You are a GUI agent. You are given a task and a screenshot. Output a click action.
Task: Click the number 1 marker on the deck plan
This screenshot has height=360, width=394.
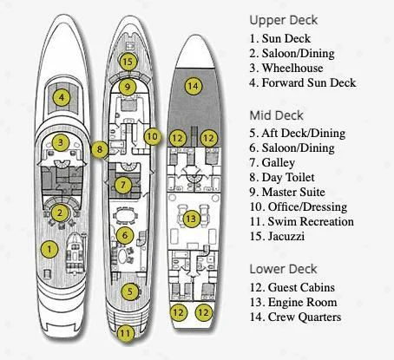[x=51, y=250]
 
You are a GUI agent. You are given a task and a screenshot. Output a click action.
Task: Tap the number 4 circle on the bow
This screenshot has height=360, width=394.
[x=60, y=97]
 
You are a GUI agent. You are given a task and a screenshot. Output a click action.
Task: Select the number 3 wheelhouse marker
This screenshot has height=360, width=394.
[x=60, y=143]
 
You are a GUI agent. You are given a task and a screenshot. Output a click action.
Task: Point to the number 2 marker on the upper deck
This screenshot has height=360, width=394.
[x=60, y=213]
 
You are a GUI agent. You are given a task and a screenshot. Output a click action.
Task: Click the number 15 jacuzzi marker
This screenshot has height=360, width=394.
[x=128, y=62]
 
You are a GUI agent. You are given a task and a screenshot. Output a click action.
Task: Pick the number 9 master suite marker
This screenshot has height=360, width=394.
[x=128, y=87]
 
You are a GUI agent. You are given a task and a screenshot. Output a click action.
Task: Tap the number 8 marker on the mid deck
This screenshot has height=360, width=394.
[x=101, y=149]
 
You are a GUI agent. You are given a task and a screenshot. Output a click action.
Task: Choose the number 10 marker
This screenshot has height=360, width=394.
[x=152, y=136]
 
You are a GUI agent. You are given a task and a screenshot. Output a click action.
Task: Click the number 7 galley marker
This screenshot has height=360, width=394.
[x=125, y=185]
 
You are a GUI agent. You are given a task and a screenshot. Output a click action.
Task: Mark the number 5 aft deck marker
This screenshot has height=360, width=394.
[x=128, y=292]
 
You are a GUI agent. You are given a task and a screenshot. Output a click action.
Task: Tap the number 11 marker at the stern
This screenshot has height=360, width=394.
[x=127, y=332]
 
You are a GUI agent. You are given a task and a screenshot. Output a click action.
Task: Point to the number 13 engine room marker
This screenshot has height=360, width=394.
[x=191, y=219]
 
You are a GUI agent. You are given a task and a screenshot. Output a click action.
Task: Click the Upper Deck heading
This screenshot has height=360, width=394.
[x=284, y=19]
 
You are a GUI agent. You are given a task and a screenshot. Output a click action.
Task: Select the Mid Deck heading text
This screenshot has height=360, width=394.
[x=278, y=115]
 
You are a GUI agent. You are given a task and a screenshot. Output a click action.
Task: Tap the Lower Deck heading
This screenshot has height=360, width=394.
[x=284, y=268]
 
